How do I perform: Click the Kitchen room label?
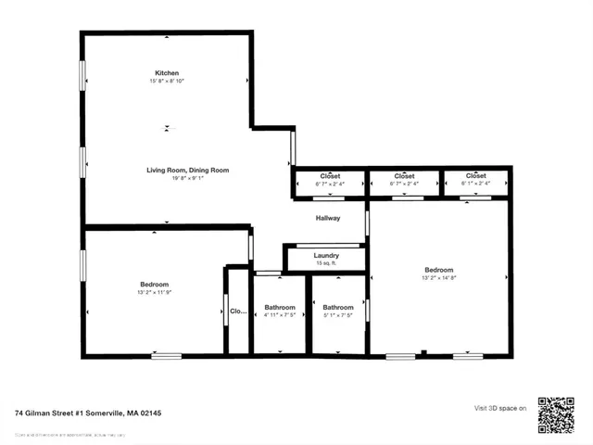[x=167, y=72]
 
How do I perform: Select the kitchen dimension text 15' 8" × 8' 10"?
[x=167, y=83]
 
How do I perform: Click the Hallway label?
[x=327, y=218]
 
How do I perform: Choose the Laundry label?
[x=326, y=255]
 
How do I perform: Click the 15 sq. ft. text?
[x=326, y=264]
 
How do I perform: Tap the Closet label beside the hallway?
[x=330, y=175]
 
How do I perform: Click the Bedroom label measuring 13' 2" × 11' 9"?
[x=154, y=284]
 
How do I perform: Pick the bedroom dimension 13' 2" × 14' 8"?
[x=439, y=276]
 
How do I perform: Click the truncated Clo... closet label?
[x=238, y=311]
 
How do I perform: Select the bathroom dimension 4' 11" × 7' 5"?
[x=280, y=316]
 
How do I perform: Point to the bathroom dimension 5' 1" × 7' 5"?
[x=338, y=316]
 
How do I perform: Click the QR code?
[x=556, y=414]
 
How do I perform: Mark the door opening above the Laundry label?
[x=326, y=244]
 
